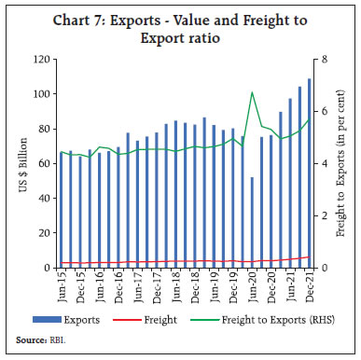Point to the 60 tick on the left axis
pyautogui.click(x=45, y=163)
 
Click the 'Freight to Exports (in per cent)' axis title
pyautogui.click(x=340, y=163)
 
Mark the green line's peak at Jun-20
pyautogui.click(x=252, y=92)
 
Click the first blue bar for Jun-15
pyautogui.click(x=62, y=210)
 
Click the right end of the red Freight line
pyautogui.click(x=309, y=257)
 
